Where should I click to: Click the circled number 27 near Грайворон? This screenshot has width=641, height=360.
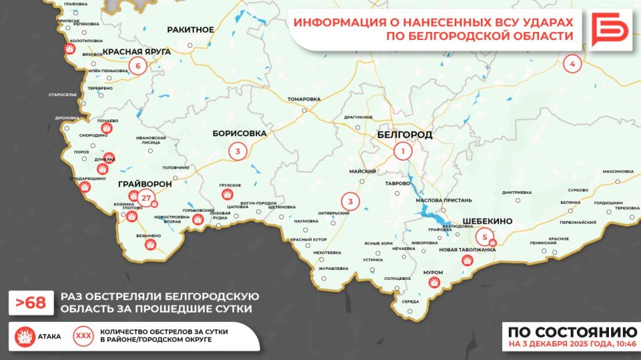[x=146, y=197]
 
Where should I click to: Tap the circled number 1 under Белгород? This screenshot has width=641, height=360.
[x=403, y=152]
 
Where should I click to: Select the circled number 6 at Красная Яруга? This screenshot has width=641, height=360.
[x=138, y=65]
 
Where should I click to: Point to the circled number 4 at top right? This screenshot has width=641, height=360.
[x=572, y=64]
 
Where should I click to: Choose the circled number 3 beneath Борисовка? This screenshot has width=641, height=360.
[x=237, y=152]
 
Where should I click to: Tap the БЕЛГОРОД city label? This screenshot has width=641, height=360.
[x=405, y=134]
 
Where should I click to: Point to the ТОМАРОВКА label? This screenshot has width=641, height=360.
[x=304, y=99]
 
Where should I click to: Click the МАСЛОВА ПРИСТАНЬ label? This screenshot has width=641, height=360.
[x=443, y=200]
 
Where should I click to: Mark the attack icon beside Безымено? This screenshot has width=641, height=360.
[x=150, y=245]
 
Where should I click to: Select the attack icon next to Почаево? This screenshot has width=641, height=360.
[x=105, y=128]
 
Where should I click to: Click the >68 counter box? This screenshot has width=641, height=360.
[x=31, y=303]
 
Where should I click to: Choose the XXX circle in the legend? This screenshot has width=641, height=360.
[x=84, y=336]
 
